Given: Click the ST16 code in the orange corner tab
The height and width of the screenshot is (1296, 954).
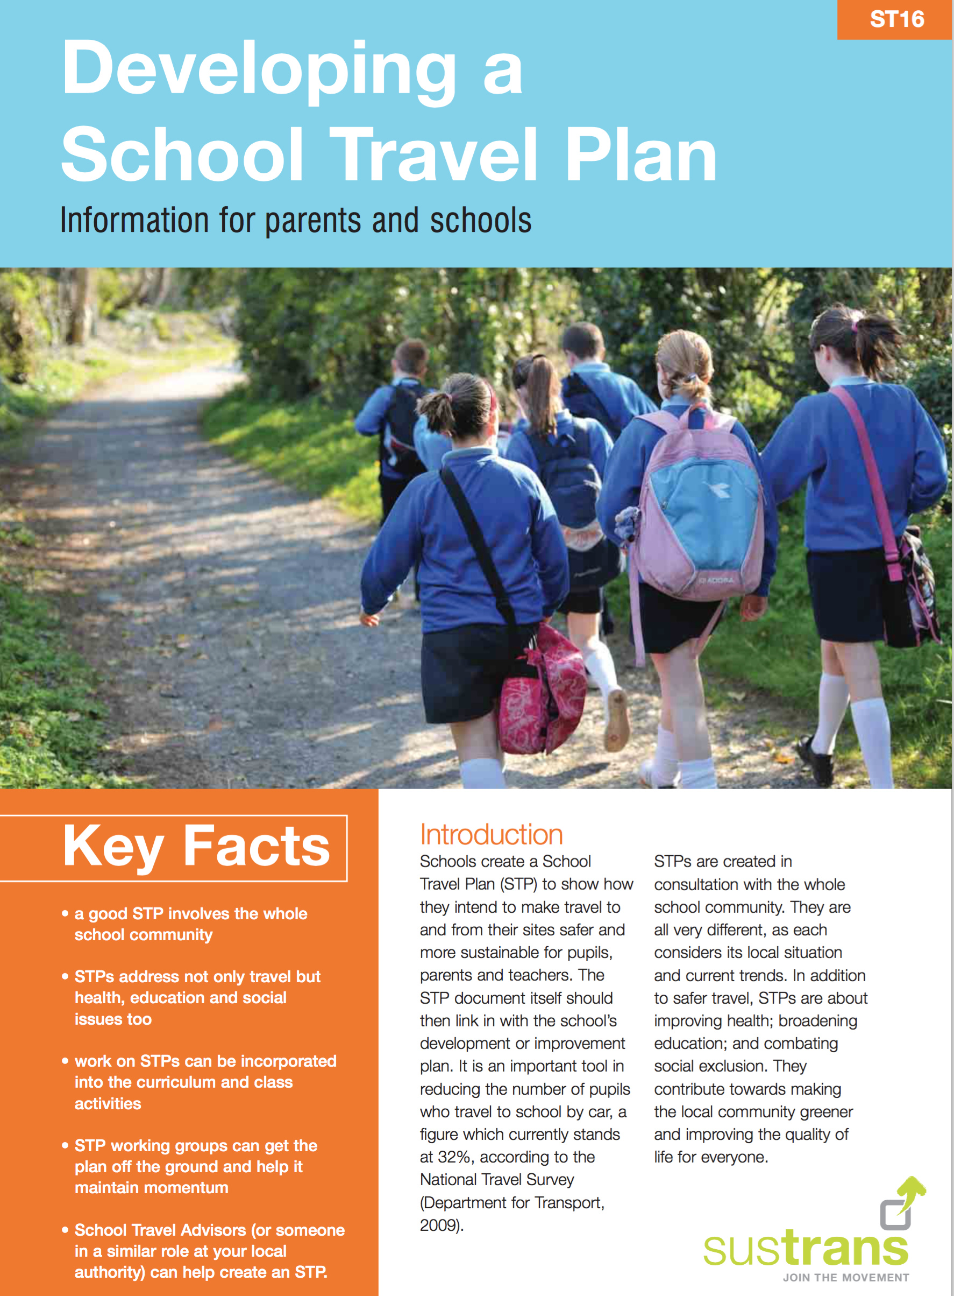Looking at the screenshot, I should [896, 20].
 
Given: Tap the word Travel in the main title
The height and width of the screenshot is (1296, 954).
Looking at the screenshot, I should [433, 155].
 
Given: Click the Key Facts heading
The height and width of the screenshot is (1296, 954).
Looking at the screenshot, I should [196, 847].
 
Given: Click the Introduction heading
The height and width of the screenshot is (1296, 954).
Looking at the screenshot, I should [491, 835].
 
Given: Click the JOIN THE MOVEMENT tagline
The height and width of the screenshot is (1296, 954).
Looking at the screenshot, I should [845, 1278].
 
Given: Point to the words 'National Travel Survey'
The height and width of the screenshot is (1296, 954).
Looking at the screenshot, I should [497, 1179].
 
